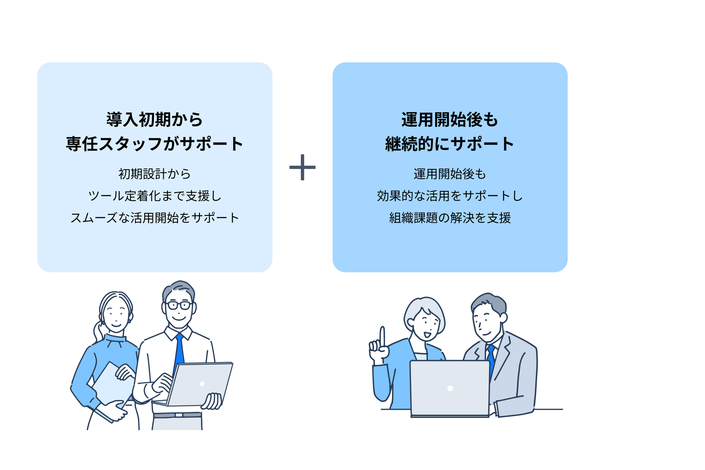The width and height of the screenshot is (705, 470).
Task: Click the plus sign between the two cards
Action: pos(302,167)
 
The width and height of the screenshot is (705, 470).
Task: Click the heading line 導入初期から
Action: pos(155,120)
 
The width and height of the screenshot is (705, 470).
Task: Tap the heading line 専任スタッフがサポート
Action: pos(155,144)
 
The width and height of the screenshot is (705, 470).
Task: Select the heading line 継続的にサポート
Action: pos(449,144)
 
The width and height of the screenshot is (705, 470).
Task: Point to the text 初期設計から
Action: pos(155,174)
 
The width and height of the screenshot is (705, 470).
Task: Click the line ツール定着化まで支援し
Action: pos(155,196)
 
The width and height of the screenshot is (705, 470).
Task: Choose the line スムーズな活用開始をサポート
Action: pos(155,218)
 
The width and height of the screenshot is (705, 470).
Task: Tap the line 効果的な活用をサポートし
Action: pos(449,196)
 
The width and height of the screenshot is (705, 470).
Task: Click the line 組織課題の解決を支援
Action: pos(449,218)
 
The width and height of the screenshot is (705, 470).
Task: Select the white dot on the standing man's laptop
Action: pos(202,384)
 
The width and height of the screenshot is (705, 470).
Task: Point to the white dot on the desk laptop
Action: pos(450,389)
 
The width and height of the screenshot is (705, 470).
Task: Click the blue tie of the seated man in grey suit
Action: pos(491,360)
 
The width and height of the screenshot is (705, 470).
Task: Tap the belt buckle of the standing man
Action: pos(179,415)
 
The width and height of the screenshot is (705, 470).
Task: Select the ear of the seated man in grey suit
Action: pos(504,317)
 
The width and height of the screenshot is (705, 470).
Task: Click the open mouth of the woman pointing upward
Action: pos(427,334)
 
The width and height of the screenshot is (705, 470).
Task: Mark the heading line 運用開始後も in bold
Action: pos(449,120)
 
